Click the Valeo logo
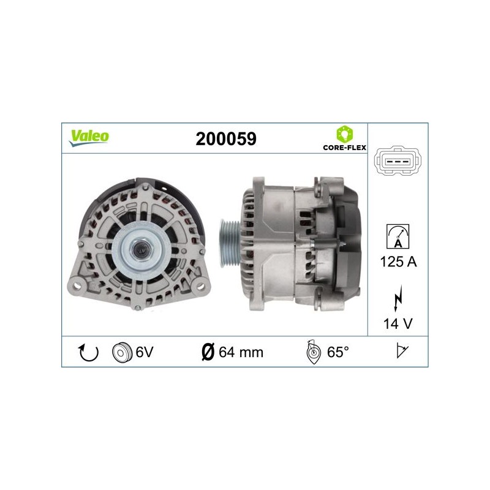(89, 137)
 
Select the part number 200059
(226, 139)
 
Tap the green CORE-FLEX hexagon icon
(344, 134)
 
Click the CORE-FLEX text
(344, 148)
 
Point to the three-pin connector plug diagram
(398, 161)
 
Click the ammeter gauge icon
(398, 236)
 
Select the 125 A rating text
(398, 262)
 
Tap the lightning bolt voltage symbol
(398, 298)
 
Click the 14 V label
(398, 324)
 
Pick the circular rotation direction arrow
(88, 352)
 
